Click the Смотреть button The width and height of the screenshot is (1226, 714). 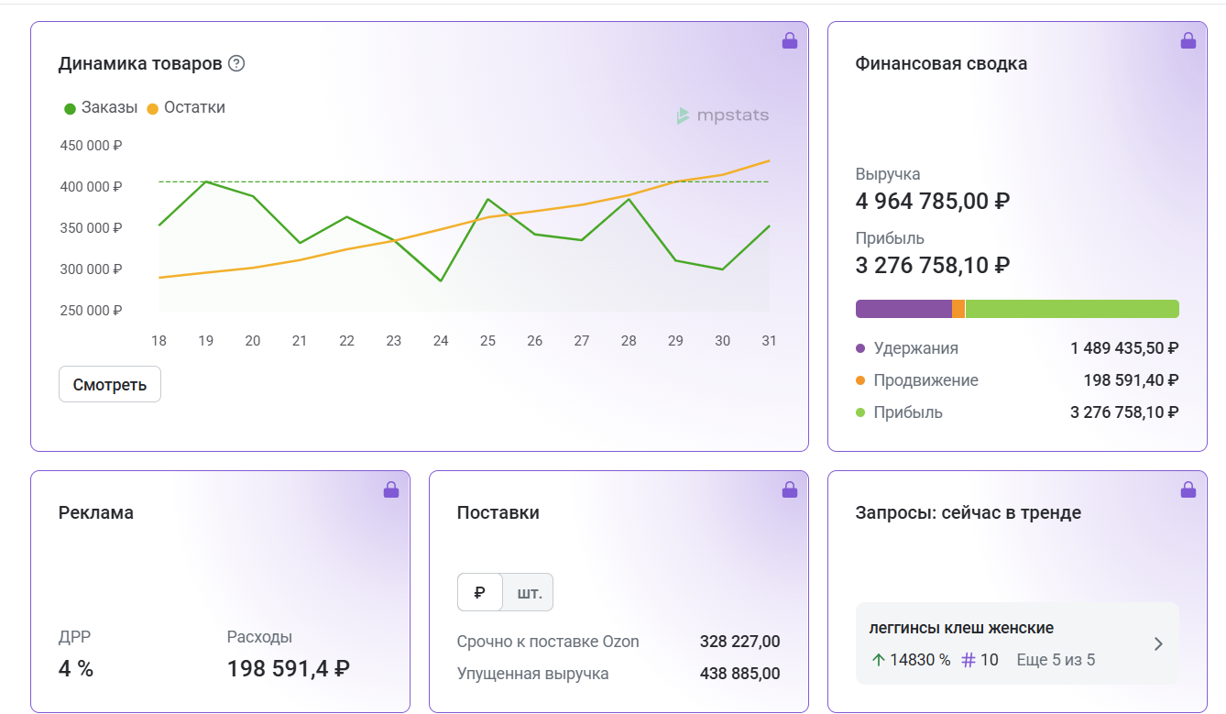(x=109, y=384)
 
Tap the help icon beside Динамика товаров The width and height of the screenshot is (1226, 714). (x=236, y=63)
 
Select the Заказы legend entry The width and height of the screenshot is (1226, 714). (x=101, y=107)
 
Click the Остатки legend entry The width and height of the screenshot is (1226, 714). (x=186, y=107)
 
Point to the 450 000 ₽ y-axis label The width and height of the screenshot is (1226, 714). (x=91, y=146)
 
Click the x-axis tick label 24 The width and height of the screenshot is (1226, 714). (x=441, y=341)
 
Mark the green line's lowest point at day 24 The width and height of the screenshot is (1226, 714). (x=441, y=280)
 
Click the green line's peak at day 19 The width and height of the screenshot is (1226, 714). (x=206, y=181)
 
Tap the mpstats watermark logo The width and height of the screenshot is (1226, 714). (x=722, y=115)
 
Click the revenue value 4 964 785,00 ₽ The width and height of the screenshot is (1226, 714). (x=933, y=201)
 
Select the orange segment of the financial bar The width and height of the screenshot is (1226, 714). (x=958, y=309)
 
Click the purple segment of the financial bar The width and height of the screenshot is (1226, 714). (x=903, y=309)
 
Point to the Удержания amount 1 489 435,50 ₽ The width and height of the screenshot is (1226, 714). (x=1124, y=348)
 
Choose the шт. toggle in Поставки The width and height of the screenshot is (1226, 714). (x=529, y=592)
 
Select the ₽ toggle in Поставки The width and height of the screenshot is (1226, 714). (x=480, y=592)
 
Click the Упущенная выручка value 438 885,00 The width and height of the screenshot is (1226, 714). (x=739, y=674)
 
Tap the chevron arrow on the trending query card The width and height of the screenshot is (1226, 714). (x=1158, y=644)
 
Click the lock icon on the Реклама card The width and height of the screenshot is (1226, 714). (x=391, y=489)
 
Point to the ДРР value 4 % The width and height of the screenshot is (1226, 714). (x=76, y=668)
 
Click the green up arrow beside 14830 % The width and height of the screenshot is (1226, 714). (x=878, y=660)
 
